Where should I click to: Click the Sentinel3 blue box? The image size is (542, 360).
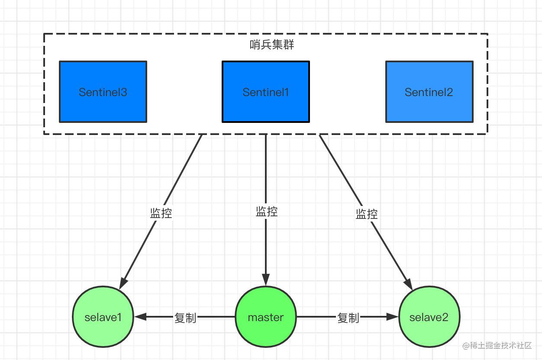tap(103, 92)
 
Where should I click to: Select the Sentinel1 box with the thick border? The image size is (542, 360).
tap(266, 92)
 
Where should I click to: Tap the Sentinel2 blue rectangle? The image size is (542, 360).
tap(429, 92)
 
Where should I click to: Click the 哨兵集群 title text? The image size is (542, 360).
tap(272, 45)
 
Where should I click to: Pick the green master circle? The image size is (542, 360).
tap(266, 316)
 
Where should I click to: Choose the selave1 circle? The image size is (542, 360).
tap(103, 316)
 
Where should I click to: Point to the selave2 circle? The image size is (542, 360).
tap(429, 316)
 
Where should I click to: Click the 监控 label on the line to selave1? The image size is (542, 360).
tap(161, 213)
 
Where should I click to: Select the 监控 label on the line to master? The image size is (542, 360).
tap(267, 212)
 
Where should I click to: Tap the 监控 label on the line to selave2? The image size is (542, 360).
tap(367, 214)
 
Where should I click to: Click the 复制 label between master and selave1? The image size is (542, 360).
tap(185, 318)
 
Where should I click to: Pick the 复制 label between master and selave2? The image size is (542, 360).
tap(348, 318)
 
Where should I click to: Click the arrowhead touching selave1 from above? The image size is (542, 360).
tap(123, 283)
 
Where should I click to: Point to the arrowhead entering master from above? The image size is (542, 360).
tap(266, 280)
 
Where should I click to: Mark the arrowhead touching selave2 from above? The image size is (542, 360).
tap(408, 284)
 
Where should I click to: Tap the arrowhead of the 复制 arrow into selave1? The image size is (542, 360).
tap(140, 316)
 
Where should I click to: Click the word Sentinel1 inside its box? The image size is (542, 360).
tap(266, 92)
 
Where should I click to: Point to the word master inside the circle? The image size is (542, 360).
tap(266, 318)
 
